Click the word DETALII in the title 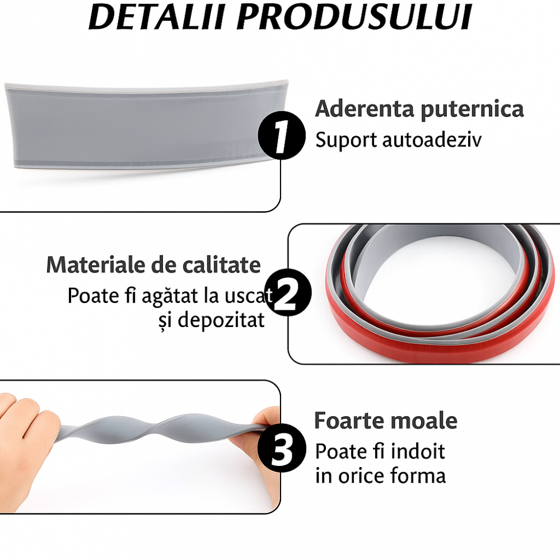157,17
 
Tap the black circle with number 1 282,136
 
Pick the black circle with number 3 282,448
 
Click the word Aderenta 365,109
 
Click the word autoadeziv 432,139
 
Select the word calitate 222,265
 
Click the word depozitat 221,320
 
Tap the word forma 418,475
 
